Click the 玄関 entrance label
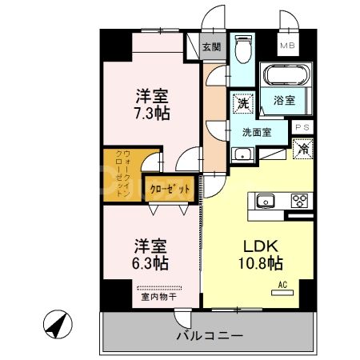tap(211, 47)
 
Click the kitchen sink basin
tap(266, 200)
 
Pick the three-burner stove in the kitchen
tap(300, 200)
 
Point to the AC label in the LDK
tap(282, 283)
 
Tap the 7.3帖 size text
tap(151, 114)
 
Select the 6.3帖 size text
tap(151, 262)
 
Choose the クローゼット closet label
tap(170, 190)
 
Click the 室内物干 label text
tap(158, 299)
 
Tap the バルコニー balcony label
tap(209, 336)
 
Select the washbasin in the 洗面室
tap(242, 154)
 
